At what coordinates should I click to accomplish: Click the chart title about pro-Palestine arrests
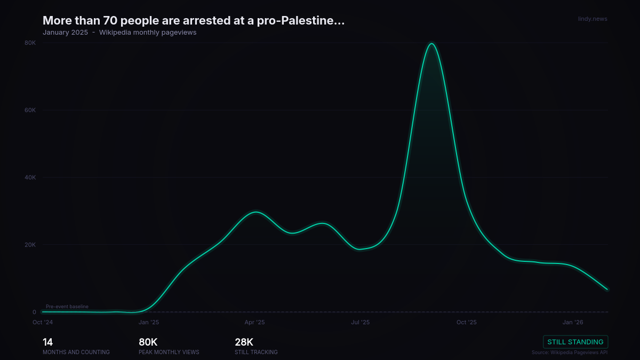click(194, 21)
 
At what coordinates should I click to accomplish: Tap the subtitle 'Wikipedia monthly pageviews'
click(148, 33)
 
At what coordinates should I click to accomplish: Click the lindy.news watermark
click(593, 19)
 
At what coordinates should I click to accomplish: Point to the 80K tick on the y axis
click(30, 43)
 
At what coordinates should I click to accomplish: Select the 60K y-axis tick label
click(30, 110)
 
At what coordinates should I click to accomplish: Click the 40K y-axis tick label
click(30, 178)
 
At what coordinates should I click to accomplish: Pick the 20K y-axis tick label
click(30, 245)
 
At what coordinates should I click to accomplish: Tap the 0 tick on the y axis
click(34, 312)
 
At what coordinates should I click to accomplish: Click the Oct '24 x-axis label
click(43, 322)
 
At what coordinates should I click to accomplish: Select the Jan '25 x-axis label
click(149, 322)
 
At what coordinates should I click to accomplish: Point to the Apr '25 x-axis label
click(254, 322)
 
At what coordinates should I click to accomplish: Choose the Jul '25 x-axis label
click(361, 322)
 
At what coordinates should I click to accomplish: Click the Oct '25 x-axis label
click(466, 322)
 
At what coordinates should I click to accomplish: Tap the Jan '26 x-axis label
click(572, 322)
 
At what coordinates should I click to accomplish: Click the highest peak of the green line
click(431, 44)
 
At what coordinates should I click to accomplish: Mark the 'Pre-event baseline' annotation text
click(67, 307)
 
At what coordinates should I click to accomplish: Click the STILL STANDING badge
click(575, 342)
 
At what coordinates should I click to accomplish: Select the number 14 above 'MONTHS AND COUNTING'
click(47, 342)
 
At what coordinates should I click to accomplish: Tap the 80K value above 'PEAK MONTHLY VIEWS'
click(148, 342)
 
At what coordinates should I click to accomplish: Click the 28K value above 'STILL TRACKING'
click(244, 342)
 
